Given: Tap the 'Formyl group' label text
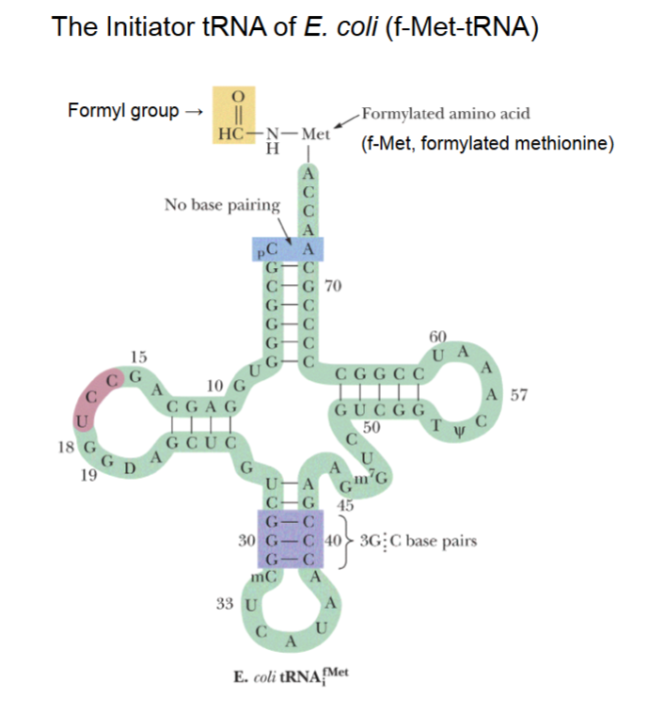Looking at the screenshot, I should point(123,111).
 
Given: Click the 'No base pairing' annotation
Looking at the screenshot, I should point(221,204).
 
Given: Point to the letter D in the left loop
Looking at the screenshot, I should point(132,467).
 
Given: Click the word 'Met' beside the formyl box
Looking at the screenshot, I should point(315,134).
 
